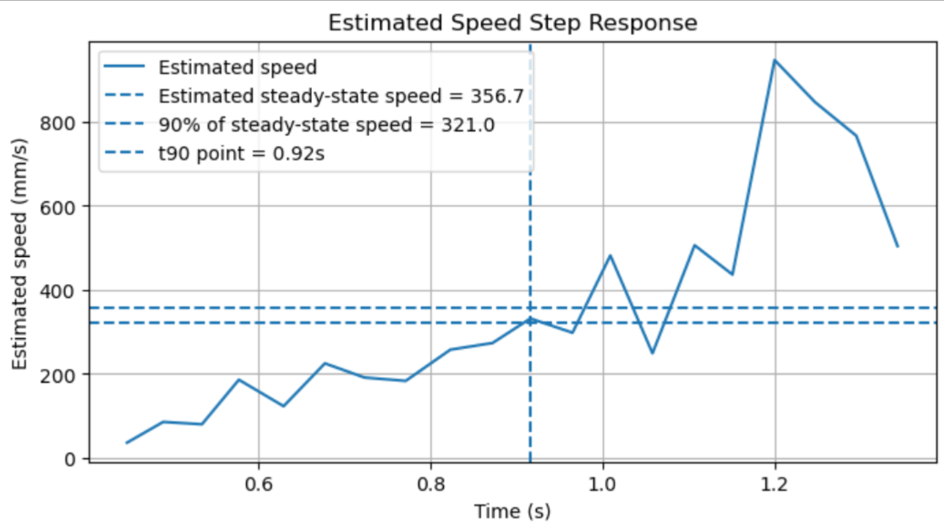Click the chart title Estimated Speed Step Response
tap(512, 23)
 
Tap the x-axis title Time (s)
tap(512, 511)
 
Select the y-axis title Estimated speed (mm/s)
tap(19, 254)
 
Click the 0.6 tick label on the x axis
tap(259, 484)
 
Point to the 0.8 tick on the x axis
tap(431, 484)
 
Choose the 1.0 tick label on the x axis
tap(603, 484)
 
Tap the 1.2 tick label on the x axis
tap(775, 484)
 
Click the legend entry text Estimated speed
tap(237, 67)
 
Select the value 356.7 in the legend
tap(497, 96)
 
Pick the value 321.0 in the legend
tap(467, 125)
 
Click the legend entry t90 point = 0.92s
tap(241, 154)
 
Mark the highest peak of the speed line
tap(775, 60)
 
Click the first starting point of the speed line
tap(126, 443)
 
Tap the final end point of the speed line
tap(897, 246)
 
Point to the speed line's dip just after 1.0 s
tap(652, 353)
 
